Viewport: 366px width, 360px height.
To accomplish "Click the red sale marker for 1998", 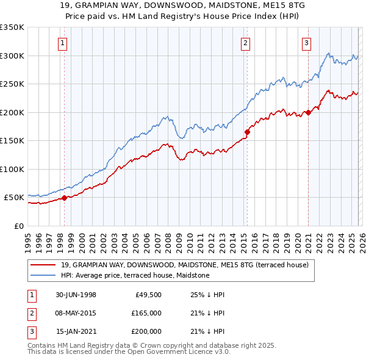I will (x=65, y=198).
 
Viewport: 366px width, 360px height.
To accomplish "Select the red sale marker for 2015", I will (x=247, y=132).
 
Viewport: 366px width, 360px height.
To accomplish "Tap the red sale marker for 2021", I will (x=309, y=112).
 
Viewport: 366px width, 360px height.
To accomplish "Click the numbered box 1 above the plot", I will (x=63, y=43).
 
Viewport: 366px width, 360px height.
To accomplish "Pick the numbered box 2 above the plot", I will (x=245, y=43).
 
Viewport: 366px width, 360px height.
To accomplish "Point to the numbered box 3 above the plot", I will (x=306, y=43).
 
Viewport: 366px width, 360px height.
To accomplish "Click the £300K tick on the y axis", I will (x=12, y=56).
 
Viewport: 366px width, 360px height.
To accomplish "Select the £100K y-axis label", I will (x=12, y=169).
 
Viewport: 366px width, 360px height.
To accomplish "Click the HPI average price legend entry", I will (x=135, y=275).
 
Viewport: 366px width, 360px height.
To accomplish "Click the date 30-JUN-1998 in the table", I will (x=76, y=295).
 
